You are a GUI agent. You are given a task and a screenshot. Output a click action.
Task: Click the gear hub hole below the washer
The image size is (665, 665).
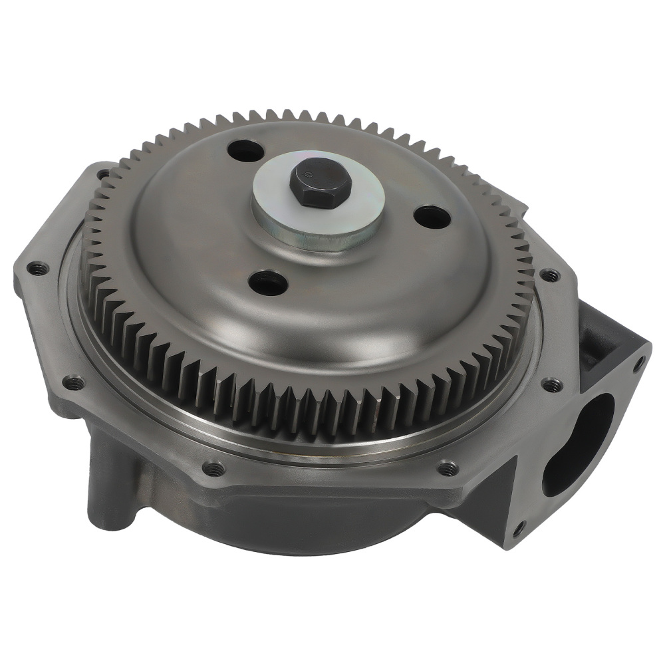[269, 285]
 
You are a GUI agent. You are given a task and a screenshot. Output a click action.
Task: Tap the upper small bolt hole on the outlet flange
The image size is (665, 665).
[639, 364]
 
